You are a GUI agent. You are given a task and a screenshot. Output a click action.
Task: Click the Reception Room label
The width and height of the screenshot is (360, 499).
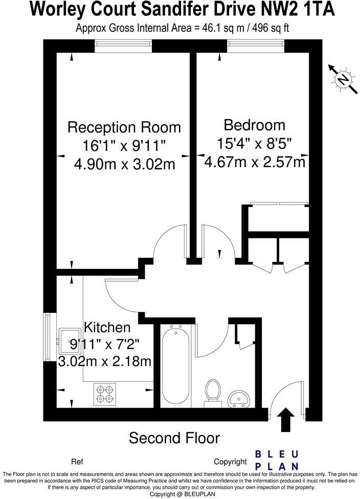tap(124, 127)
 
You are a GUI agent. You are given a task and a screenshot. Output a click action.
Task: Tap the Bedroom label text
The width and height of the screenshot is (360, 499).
tap(254, 125)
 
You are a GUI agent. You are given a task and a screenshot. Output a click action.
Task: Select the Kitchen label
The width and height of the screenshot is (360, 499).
tap(107, 327)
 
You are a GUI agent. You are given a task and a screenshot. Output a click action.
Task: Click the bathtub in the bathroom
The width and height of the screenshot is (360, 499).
tap(177, 364)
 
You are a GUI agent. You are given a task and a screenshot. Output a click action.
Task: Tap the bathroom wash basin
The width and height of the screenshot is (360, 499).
tap(238, 396)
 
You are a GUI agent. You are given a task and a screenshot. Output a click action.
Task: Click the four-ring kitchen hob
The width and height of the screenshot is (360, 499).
tap(104, 394)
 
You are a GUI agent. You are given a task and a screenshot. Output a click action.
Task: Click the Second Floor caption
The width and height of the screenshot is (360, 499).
tap(174, 438)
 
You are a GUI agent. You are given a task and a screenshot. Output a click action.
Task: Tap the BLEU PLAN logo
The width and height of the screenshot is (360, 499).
tap(277, 460)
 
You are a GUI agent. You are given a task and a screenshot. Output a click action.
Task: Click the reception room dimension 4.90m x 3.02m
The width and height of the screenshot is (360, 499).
tap(124, 164)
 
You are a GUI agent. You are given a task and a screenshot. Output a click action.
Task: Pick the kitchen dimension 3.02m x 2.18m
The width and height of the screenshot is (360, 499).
tap(105, 361)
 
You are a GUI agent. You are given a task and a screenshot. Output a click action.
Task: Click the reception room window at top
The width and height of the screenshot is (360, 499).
tap(123, 46)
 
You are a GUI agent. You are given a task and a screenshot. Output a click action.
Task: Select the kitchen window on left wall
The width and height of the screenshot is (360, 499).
tap(47, 337)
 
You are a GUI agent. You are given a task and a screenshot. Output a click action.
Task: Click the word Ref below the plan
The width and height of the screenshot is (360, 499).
tap(77, 462)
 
